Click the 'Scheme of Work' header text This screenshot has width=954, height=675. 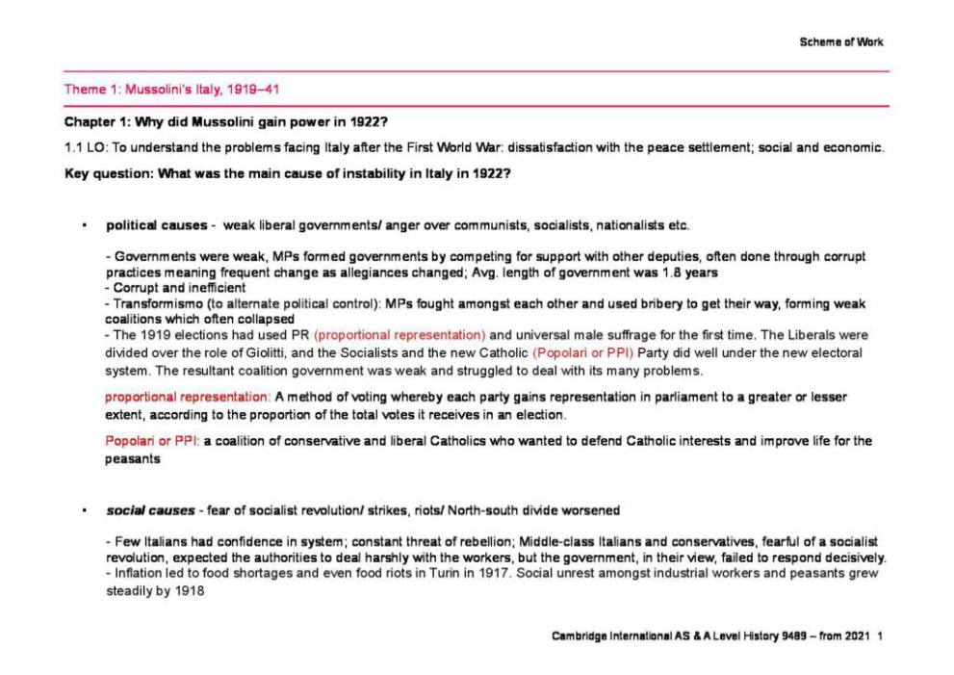(x=840, y=41)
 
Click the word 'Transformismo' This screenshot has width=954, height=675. (x=151, y=303)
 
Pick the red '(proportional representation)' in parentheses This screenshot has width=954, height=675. (x=400, y=335)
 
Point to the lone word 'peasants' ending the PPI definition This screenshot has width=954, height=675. (x=132, y=459)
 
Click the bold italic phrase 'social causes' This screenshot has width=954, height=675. (x=145, y=509)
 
